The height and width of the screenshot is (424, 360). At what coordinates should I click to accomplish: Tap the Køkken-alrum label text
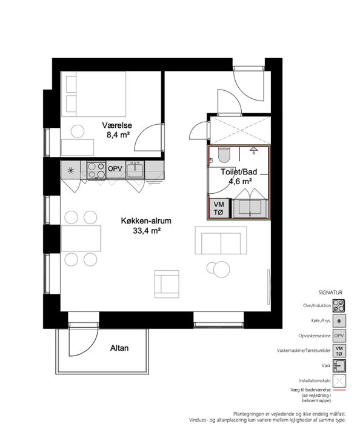coord(146,220)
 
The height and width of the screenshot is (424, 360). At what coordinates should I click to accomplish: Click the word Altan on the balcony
coord(119,348)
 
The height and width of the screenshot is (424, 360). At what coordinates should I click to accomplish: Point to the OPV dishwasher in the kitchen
coord(115,169)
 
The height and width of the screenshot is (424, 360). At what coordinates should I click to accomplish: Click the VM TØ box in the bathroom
coord(219,208)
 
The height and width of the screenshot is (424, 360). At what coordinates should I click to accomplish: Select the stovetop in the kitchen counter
coord(96,170)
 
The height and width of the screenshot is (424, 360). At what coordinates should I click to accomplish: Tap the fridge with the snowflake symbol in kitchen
coord(70,170)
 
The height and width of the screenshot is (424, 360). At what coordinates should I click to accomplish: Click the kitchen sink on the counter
coord(135,169)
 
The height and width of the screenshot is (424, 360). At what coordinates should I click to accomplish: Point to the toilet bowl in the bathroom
coord(224,154)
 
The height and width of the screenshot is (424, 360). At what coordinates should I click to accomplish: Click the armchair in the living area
coord(167,284)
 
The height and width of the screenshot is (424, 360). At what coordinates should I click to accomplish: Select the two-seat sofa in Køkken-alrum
coord(221,240)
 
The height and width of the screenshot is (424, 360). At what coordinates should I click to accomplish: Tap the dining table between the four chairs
coord(81,238)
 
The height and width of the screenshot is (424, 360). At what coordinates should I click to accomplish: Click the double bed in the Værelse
coord(93,94)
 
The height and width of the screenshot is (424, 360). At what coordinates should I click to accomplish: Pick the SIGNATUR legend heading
coord(330,293)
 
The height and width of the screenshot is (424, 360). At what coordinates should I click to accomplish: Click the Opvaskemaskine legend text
coord(315,336)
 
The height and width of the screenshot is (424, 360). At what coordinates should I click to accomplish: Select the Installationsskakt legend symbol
coord(339,381)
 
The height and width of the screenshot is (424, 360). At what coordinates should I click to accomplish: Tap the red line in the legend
coord(339,390)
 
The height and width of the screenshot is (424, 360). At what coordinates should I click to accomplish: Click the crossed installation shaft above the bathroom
coord(240,130)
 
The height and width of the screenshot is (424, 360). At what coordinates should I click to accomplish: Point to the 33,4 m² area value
coord(147,231)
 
